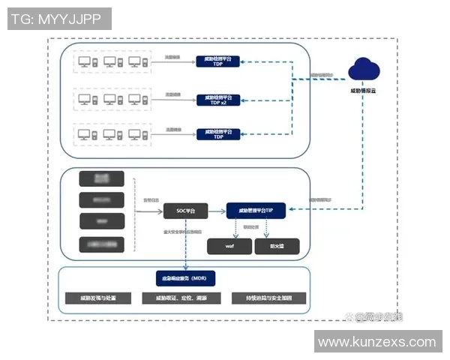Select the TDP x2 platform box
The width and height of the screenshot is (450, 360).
click(218, 99)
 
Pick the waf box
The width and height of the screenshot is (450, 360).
click(228, 245)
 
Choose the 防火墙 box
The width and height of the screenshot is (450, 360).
click(274, 245)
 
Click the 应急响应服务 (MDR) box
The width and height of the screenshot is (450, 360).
click(184, 277)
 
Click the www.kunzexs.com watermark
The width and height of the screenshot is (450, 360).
click(376, 342)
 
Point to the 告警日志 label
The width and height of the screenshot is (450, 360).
click(151, 200)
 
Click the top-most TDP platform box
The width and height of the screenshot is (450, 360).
click(218, 61)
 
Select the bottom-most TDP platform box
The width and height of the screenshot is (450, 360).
click(218, 134)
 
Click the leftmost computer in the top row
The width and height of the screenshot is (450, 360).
click(85, 61)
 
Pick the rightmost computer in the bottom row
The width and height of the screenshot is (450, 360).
click(134, 134)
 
